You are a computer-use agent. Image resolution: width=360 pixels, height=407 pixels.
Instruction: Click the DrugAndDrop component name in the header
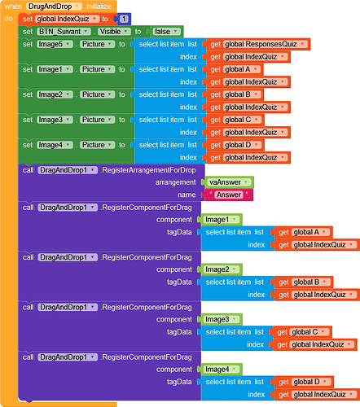tap(54, 7)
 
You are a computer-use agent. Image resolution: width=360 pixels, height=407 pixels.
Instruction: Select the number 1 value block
tap(124, 19)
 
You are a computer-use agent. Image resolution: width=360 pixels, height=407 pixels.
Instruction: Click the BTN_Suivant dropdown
tap(64, 32)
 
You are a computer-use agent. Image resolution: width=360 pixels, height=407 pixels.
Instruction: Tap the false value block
tap(166, 32)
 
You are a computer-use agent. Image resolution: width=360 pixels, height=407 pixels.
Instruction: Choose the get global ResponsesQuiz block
tap(258, 44)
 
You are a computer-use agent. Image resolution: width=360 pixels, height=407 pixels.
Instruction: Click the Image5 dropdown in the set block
tap(55, 44)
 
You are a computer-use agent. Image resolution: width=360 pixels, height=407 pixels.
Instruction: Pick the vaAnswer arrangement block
tap(229, 182)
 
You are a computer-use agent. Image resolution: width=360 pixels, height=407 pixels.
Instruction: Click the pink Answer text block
tap(229, 195)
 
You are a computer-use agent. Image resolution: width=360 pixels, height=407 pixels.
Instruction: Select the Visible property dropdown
tap(114, 32)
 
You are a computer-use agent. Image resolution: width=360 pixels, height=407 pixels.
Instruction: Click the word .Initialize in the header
tap(99, 7)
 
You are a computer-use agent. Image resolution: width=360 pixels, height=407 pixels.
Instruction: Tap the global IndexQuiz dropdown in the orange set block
tap(67, 19)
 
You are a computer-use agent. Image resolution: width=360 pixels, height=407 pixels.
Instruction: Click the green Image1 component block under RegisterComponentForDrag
tap(222, 220)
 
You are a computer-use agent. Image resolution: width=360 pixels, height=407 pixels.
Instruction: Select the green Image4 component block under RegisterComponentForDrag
tap(222, 370)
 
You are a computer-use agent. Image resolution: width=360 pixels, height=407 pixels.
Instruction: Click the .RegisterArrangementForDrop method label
tap(148, 170)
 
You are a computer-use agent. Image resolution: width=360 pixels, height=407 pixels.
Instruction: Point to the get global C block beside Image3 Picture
tap(235, 120)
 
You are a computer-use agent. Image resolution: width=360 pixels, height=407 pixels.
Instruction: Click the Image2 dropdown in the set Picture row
tap(55, 94)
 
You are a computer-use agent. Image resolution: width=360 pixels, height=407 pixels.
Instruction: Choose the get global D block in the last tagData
tap(304, 382)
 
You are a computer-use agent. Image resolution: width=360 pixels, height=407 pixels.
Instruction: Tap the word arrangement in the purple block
tap(175, 182)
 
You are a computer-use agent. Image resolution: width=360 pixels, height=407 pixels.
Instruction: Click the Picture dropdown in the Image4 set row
tap(97, 145)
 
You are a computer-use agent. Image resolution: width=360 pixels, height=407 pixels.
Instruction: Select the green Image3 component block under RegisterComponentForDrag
tap(222, 319)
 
